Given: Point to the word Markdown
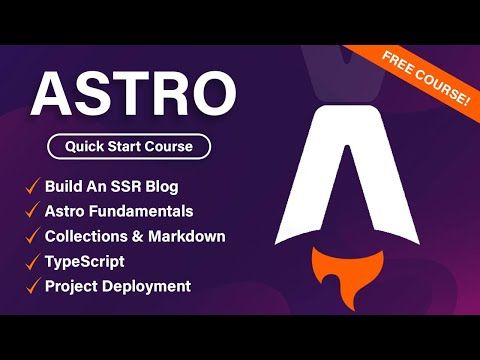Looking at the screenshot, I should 187,236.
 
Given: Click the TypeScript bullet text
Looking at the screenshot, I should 86,261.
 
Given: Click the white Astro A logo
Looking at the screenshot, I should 345,170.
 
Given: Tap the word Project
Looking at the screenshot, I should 72,286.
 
